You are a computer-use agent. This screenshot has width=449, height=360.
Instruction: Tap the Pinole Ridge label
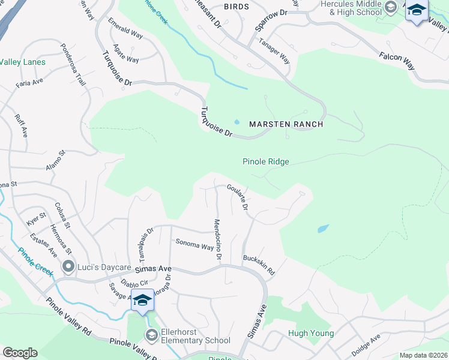265,161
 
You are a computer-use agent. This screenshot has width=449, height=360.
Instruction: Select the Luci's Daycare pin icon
68,266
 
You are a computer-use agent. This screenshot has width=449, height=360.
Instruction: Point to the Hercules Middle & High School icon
391,8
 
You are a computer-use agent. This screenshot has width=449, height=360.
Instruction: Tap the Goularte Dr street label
237,197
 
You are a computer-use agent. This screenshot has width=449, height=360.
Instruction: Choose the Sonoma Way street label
194,245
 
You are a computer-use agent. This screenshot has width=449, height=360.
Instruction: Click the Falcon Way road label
397,61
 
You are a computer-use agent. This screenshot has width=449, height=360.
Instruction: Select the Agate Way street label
125,60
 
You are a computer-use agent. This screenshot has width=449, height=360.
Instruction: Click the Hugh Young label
310,334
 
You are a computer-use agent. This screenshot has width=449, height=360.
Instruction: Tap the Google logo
20,352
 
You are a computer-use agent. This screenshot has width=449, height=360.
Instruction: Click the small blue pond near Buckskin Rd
323,229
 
